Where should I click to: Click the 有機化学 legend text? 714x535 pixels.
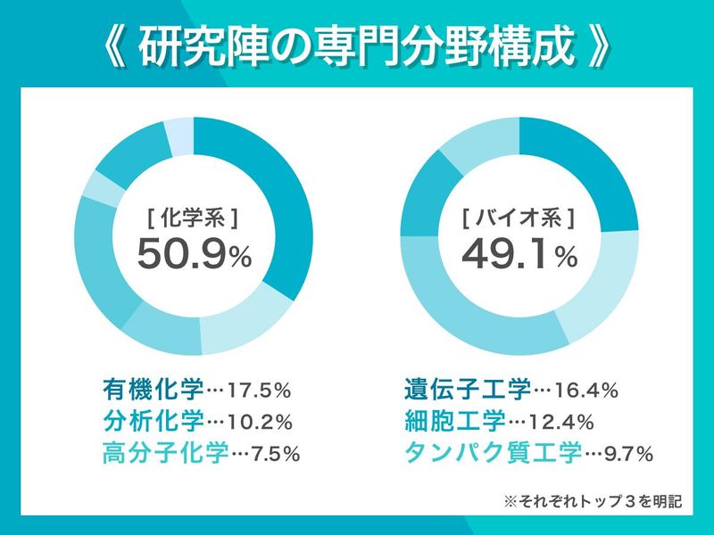(153, 390)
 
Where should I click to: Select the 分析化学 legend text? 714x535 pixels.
(153, 421)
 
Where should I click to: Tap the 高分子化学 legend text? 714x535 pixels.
(165, 452)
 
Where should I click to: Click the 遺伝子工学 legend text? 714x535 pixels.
(467, 390)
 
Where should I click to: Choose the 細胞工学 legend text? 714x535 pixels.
(454, 421)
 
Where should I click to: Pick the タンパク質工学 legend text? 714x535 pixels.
(492, 452)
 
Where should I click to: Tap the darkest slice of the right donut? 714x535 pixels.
(589, 174)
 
